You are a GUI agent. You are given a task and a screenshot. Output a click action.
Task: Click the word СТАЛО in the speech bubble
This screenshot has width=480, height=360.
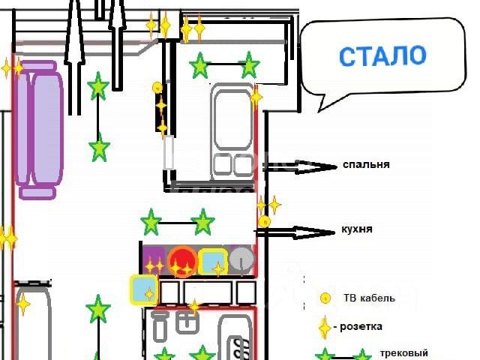coord(382,55)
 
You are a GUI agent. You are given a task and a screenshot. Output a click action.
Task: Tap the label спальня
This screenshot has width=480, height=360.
coord(366,164)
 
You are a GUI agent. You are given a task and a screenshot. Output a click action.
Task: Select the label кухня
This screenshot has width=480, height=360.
coord(357,229)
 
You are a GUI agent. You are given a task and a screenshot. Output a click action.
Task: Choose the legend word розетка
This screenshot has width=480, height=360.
coord(361,326)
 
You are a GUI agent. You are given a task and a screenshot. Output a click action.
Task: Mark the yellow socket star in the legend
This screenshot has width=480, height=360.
coord(324,328)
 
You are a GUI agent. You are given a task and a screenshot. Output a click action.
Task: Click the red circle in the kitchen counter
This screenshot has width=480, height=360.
coord(182,262)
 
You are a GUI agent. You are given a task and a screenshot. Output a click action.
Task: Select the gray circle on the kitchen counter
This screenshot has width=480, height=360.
coord(241,259)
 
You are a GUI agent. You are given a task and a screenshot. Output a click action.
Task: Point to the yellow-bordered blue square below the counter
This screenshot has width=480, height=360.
coord(143,289)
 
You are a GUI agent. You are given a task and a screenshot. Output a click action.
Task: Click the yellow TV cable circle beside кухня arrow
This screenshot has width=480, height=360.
coord(264,221)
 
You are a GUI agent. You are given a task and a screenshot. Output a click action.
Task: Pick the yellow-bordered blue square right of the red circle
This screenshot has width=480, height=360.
coord(213,262)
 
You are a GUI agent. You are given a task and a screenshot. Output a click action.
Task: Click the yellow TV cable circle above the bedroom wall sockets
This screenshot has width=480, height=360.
coord(157,88)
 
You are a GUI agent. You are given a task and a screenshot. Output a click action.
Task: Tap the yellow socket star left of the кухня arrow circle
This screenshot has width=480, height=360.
coord(262,205)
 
